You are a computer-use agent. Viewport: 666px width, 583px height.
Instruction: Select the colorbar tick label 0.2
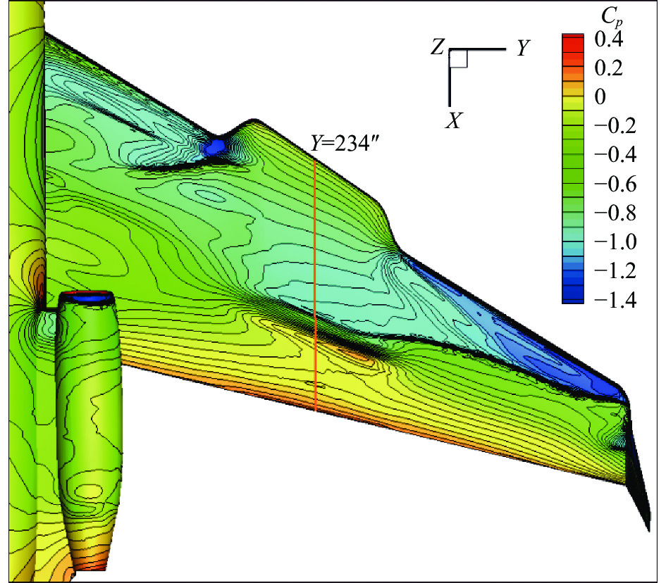click(609, 68)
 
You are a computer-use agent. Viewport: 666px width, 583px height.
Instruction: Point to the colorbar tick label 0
click(600, 96)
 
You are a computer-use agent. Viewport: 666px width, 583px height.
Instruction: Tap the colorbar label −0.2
click(615, 126)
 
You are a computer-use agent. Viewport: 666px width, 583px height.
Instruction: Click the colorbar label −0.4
click(615, 155)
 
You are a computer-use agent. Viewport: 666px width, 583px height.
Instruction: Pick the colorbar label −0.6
click(615, 184)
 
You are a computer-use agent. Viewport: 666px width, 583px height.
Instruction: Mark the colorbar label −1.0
click(615, 242)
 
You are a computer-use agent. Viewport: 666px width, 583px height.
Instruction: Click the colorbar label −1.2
click(615, 271)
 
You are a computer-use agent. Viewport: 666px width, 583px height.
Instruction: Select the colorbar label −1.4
click(615, 300)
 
